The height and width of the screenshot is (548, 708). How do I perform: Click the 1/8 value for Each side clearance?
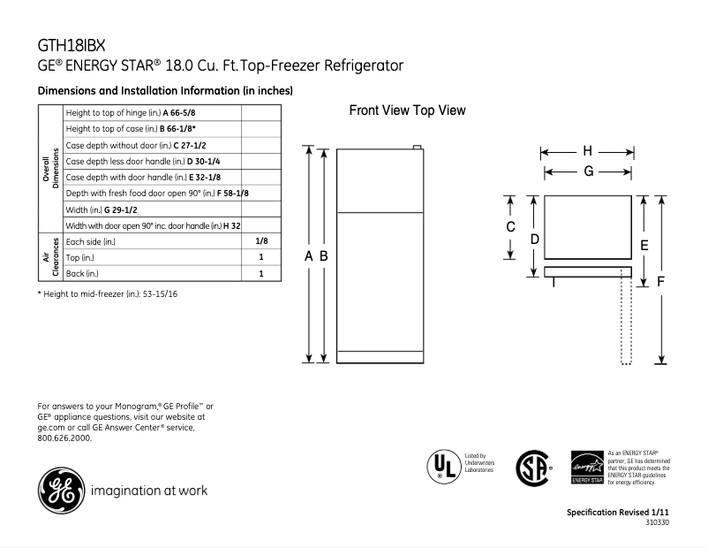tap(261, 241)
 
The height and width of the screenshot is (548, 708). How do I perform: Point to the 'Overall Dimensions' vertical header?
tap(50, 169)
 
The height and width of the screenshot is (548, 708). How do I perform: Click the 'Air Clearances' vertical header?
tap(50, 257)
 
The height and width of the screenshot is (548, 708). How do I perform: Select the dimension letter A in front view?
tap(309, 255)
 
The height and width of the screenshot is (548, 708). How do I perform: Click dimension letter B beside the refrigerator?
tap(324, 255)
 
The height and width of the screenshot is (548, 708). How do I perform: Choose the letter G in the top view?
tap(587, 171)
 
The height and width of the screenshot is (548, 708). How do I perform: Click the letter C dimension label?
tap(510, 227)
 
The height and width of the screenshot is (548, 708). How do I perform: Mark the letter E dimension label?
tap(644, 245)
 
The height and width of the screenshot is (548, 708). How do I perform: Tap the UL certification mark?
tap(442, 466)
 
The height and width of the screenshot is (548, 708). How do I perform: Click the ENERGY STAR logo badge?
tap(587, 466)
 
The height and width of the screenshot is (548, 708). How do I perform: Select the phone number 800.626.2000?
tap(64, 438)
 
